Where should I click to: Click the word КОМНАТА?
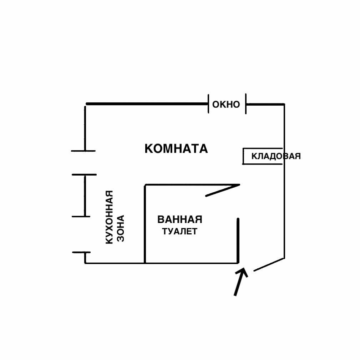pyautogui.click(x=176, y=148)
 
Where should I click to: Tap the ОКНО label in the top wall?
pyautogui.click(x=226, y=105)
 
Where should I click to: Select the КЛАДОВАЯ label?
pyautogui.click(x=276, y=156)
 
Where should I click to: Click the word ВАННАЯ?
pyautogui.click(x=179, y=219)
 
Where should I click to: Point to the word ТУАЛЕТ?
pyautogui.click(x=179, y=232)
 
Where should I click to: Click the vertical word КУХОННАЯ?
pyautogui.click(x=110, y=217)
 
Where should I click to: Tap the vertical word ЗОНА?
pyautogui.click(x=121, y=228)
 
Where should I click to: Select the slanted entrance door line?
pyautogui.click(x=269, y=264)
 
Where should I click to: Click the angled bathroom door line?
pyautogui.click(x=222, y=190)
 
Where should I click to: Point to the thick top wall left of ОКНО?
pyautogui.click(x=146, y=104)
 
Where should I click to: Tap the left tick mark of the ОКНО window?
pyautogui.click(x=208, y=104)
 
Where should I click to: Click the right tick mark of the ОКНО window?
pyautogui.click(x=246, y=104)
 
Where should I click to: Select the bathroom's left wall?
pyautogui.click(x=145, y=224)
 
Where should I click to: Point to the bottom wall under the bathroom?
pyautogui.click(x=191, y=263)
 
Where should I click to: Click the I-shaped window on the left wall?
pyautogui.click(x=85, y=196)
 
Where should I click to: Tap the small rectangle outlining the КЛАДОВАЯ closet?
pyautogui.click(x=243, y=156)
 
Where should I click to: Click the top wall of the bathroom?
pyautogui.click(x=178, y=185)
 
